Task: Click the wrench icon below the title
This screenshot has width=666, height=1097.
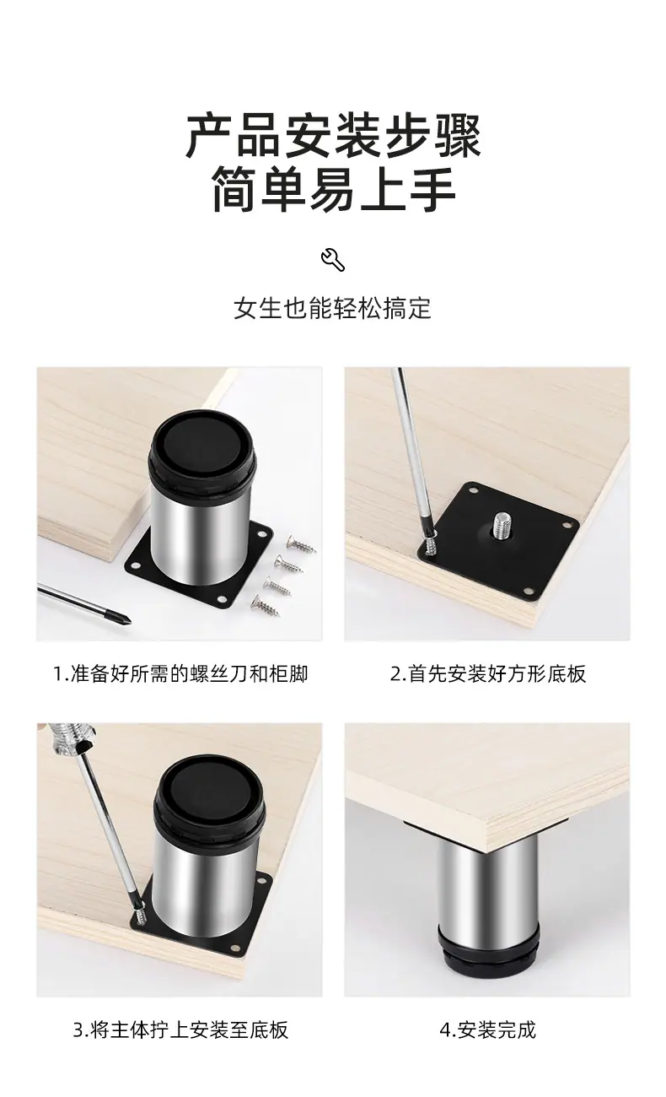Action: point(333,260)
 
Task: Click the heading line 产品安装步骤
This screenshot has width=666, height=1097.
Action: point(333,136)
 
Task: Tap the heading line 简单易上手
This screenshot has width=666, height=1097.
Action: point(333,188)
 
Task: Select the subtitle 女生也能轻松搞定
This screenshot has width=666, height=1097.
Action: point(333,308)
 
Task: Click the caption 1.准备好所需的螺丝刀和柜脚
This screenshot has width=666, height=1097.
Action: point(180,674)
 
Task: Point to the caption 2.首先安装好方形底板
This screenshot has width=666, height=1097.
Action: point(488,674)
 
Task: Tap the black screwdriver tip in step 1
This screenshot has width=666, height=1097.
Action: point(121,616)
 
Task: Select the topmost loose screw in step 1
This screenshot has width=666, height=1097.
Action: point(302,543)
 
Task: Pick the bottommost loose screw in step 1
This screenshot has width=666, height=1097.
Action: point(266,606)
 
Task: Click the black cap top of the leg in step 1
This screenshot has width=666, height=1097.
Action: point(202,440)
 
